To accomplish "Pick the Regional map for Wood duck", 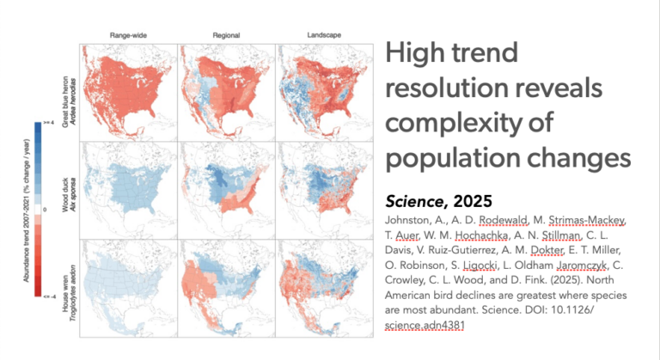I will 226,189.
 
